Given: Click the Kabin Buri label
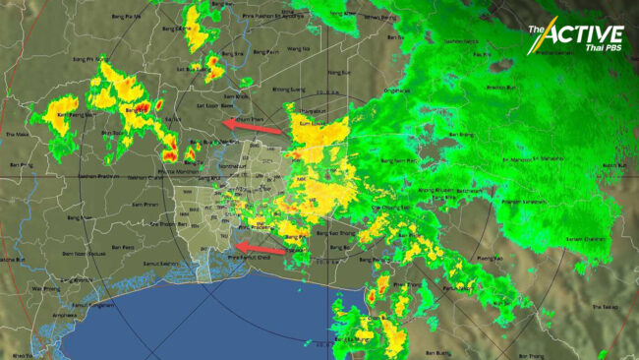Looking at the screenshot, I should click(x=613, y=165).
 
